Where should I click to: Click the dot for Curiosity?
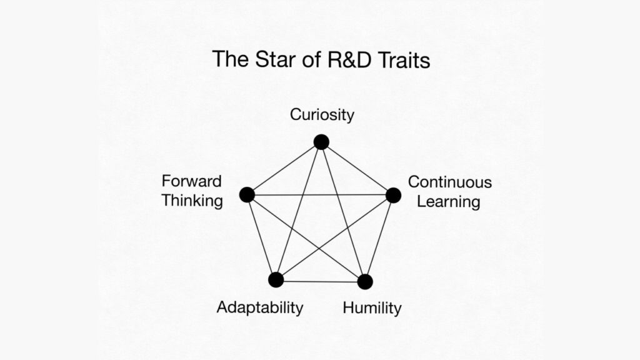[321, 142]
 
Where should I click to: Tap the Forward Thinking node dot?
[247, 195]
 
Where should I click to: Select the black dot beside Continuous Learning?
[394, 196]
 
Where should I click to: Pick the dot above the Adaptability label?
[276, 280]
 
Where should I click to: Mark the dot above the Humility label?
[365, 282]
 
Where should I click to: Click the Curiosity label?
[322, 115]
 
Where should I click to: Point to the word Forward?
[191, 181]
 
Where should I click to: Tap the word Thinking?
[192, 201]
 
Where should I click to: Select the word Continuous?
[450, 182]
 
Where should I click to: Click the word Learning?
[449, 202]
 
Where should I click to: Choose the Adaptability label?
[260, 307]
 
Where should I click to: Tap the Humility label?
[372, 307]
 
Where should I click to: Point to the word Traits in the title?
[404, 59]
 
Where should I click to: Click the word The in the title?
[231, 59]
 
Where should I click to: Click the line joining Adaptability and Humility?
[321, 281]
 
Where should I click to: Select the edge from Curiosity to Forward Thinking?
[284, 169]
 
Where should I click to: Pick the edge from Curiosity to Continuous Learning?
[357, 169]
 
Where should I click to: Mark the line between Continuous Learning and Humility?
[379, 239]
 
